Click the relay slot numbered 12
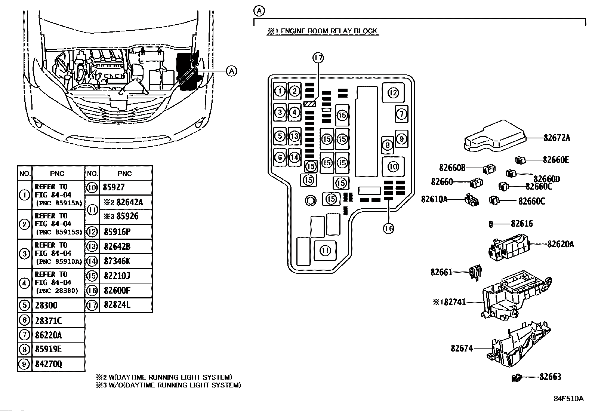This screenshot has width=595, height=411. [393, 93]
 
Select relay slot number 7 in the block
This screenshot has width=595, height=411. [401, 114]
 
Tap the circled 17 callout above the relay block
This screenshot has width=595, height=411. [318, 58]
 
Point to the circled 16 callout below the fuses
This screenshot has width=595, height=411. [388, 228]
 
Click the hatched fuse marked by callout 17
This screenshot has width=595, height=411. [310, 104]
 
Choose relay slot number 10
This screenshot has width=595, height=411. [393, 167]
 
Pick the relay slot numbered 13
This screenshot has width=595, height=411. [294, 136]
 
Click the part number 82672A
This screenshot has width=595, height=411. [557, 138]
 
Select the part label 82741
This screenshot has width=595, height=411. [455, 302]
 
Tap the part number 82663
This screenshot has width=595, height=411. [550, 377]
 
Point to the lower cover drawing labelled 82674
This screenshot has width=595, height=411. [518, 344]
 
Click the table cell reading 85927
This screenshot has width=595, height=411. [125, 187]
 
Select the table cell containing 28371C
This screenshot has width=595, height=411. [58, 320]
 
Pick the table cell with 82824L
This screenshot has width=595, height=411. [125, 305]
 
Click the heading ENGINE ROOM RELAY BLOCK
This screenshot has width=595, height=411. [329, 31]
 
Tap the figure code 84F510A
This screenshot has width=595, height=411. [568, 399]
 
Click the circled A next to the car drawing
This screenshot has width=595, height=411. [231, 71]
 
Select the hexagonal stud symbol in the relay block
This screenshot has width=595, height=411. [311, 201]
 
